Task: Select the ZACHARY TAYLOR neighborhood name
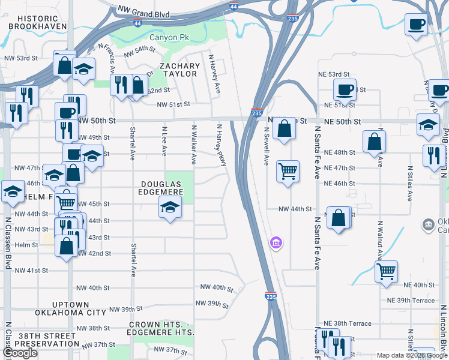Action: point(179,70)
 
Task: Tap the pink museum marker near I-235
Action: point(276,243)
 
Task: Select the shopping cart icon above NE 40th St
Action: point(387,271)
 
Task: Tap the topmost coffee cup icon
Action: point(416,25)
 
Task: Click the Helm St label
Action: point(26,245)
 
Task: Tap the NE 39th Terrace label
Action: point(411,300)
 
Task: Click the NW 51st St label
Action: point(173,104)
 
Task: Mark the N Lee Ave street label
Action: point(164,140)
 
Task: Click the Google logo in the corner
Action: point(20,353)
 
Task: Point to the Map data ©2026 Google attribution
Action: point(412,355)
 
